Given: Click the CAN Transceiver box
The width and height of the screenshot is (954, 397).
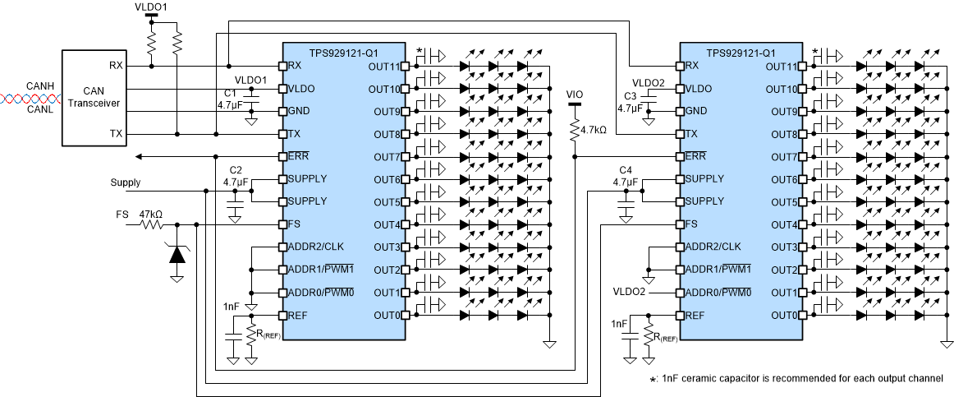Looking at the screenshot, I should point(94,98).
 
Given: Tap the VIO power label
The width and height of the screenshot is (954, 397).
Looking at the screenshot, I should point(575,95).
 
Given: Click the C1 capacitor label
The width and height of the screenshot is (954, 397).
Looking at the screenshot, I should point(230,93).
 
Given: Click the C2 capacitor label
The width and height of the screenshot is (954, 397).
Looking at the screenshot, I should point(236,169).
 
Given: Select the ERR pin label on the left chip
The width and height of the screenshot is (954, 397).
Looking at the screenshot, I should point(298,156).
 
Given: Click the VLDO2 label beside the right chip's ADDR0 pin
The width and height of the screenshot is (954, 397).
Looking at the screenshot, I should point(630,292).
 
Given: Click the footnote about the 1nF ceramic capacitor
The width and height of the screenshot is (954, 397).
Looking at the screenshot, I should point(796,378).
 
